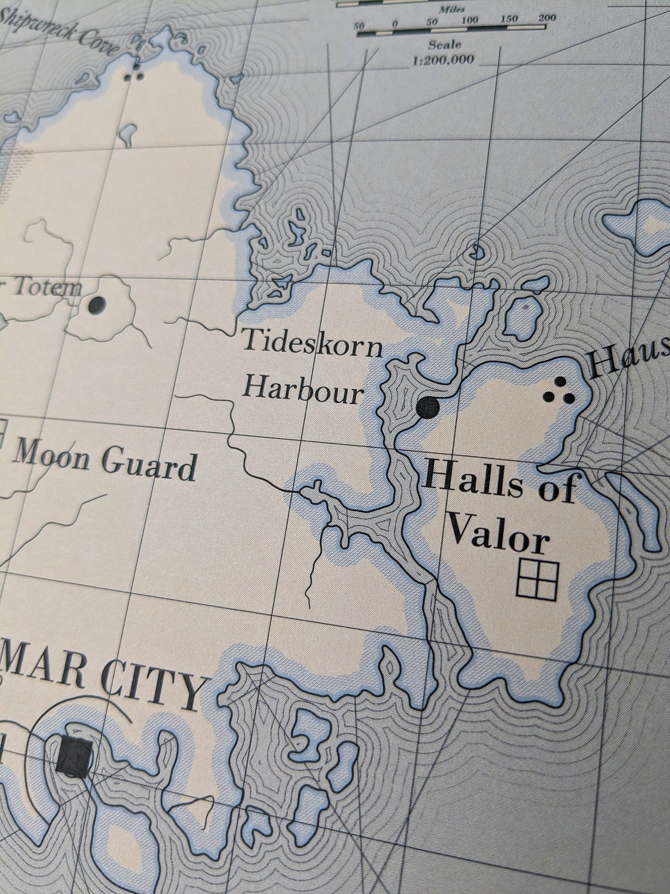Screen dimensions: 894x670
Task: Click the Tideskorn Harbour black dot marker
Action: click(428, 406)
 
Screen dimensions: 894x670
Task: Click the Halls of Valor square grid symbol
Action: click(537, 579)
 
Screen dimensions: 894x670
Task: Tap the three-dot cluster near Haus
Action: click(560, 391)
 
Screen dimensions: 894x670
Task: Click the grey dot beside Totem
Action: click(96, 305)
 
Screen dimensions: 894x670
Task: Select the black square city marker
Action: click(75, 756)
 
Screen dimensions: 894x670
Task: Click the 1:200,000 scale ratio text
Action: click(444, 59)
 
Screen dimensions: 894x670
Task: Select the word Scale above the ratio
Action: click(445, 45)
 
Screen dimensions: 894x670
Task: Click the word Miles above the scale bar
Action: click(452, 10)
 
